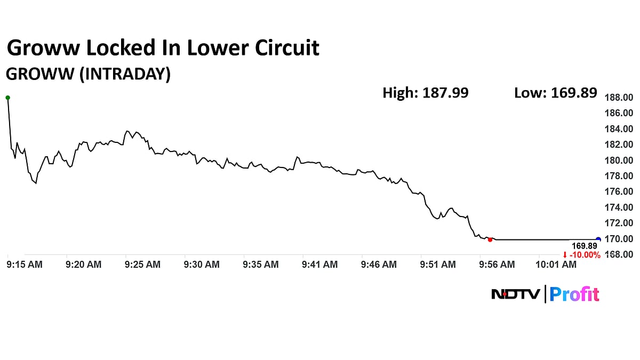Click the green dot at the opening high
click(7, 98)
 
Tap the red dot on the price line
click(490, 239)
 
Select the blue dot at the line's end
click(598, 239)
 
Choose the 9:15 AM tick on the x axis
click(25, 264)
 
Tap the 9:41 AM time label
click(319, 264)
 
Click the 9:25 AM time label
click(143, 264)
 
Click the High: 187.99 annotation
click(425, 93)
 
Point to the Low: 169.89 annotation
click(555, 93)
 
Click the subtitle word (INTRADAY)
click(125, 74)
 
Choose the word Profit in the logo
click(574, 294)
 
